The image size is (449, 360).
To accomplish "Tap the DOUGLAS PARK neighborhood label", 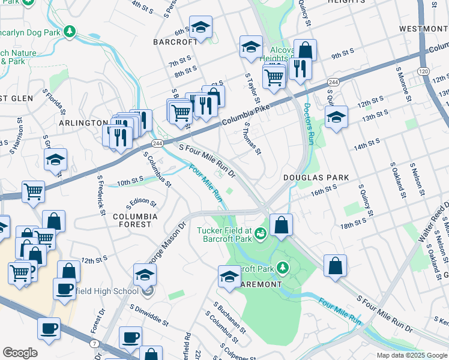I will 316,178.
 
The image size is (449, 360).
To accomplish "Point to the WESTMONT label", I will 423,29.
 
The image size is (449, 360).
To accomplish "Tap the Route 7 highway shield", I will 95,343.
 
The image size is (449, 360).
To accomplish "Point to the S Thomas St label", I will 252,137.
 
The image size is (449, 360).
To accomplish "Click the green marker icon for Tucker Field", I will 261,233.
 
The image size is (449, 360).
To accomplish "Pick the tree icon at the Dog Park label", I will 71,30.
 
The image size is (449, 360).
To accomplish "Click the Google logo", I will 20,353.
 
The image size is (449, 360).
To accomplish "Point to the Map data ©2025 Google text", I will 411,355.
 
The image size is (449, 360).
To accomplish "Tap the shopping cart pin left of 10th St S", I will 33,191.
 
